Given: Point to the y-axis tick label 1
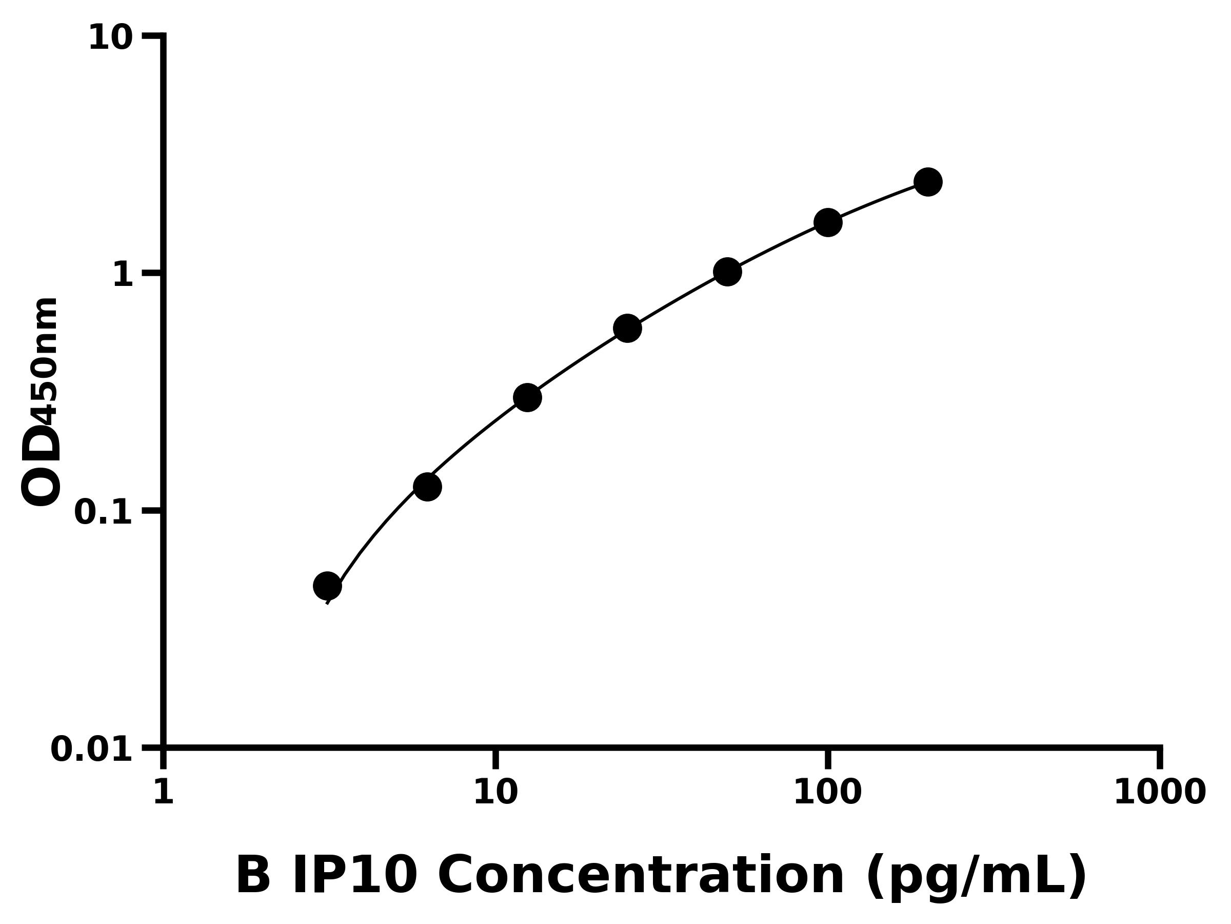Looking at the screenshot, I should tap(123, 276).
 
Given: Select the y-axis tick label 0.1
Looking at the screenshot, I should tap(104, 513).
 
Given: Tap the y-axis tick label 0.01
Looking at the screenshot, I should tap(92, 749).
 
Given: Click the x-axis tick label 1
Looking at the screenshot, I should tap(164, 792).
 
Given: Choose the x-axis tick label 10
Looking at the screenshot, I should tap(495, 792).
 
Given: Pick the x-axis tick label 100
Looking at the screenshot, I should tap(827, 792).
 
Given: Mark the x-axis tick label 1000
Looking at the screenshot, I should tap(1159, 792).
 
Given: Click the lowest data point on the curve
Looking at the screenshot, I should tap(327, 586).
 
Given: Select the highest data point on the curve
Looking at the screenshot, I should tap(928, 182).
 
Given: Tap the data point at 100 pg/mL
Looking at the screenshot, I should tap(827, 223).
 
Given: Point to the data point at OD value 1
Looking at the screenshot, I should tap(727, 272).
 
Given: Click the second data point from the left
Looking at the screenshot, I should tap(427, 487).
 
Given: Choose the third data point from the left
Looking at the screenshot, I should tap(527, 398).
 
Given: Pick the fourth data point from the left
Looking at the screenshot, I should tap(627, 329).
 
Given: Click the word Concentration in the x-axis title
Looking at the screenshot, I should tap(641, 877).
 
